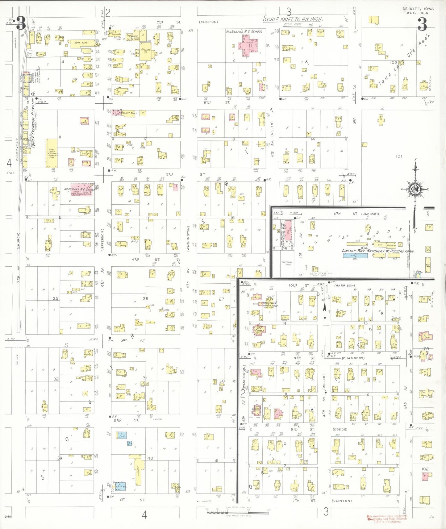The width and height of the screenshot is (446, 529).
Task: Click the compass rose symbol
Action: point(416,189)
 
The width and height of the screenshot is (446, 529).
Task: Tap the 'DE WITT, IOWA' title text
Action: point(418,9)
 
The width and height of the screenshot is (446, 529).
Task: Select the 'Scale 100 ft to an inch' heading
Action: point(292,19)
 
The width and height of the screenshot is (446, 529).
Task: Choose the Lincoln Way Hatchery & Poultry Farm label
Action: point(377,251)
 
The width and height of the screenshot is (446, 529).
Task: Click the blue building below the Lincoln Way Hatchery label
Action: point(355,256)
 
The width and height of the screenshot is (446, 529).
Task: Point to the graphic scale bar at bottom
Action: point(238,512)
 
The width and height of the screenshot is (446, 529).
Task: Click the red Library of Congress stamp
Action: point(387,519)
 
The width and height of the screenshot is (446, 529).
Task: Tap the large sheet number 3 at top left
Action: point(21,23)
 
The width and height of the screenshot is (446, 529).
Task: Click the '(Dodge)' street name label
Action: point(340,429)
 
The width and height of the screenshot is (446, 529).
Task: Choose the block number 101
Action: point(399,156)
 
